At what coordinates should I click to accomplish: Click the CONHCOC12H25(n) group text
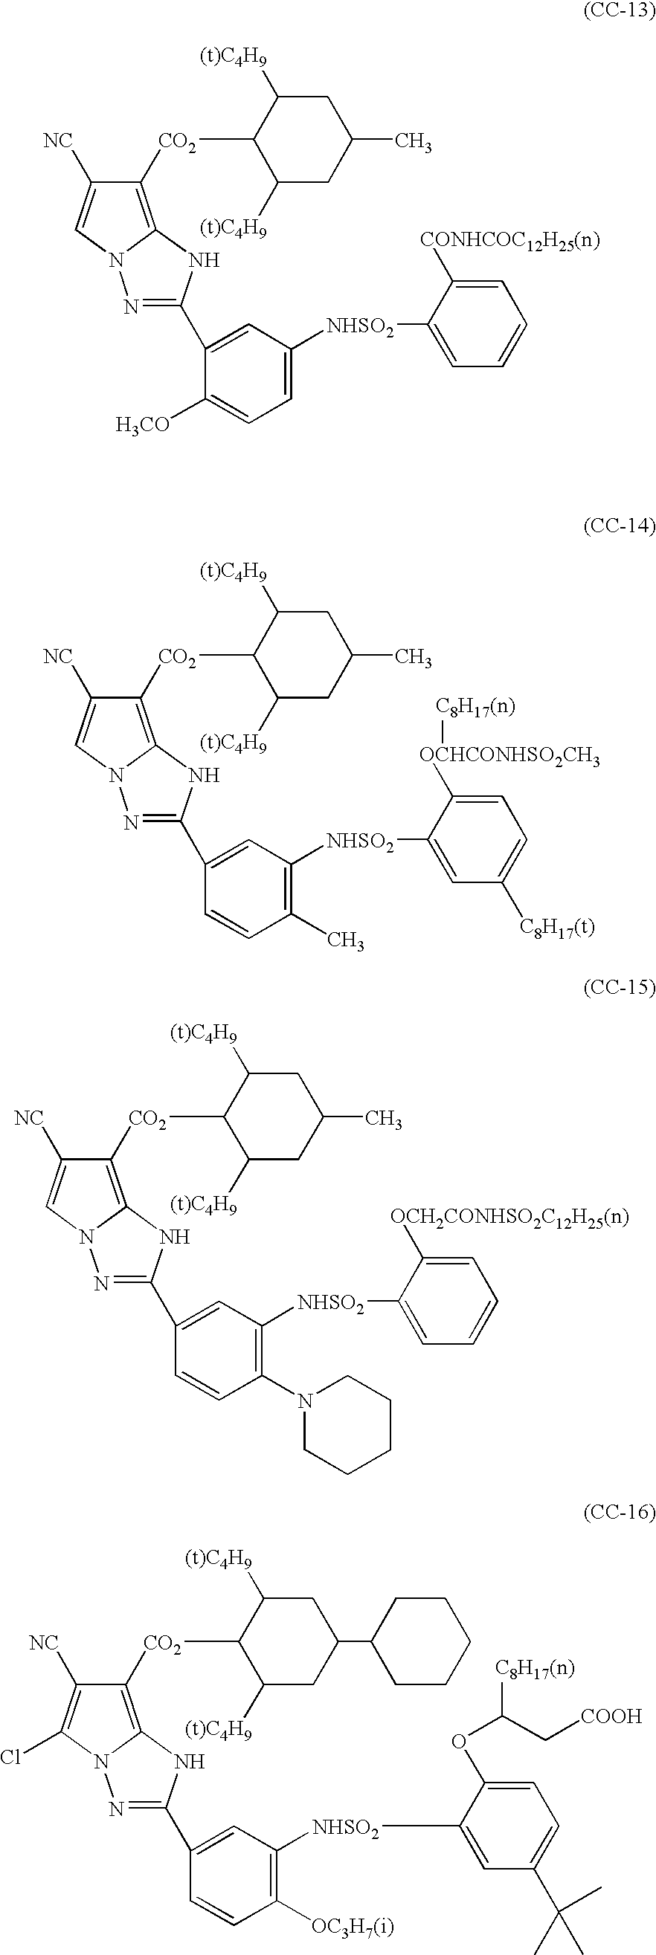(509, 242)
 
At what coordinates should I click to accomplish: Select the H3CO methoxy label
(143, 424)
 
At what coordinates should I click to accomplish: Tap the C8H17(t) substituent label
(556, 928)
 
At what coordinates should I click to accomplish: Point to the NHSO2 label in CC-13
(360, 328)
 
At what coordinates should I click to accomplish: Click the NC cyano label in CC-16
(43, 1644)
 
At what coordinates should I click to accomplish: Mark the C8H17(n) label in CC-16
(535, 1667)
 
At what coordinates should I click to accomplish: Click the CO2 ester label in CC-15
(147, 1119)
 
